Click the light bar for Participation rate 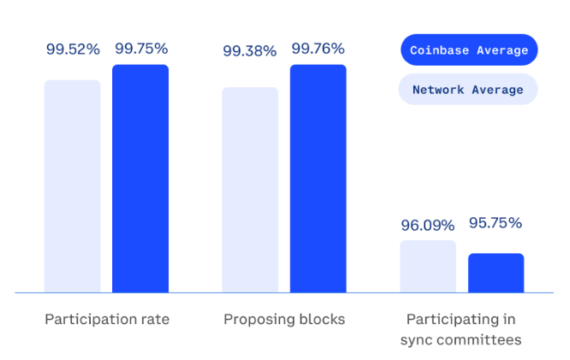point(73,186)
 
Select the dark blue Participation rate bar point(141,179)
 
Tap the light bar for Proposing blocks point(250,190)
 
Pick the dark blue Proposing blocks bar point(318,179)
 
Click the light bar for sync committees point(428,267)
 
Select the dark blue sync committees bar point(496,273)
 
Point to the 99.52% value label point(73,49)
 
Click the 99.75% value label point(142,49)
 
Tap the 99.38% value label point(250,51)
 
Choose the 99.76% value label point(318,49)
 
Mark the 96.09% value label point(428,226)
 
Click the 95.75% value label point(495,223)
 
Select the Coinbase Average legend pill point(468,50)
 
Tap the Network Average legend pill point(468,89)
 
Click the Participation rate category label point(107,320)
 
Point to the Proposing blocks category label point(284,320)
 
